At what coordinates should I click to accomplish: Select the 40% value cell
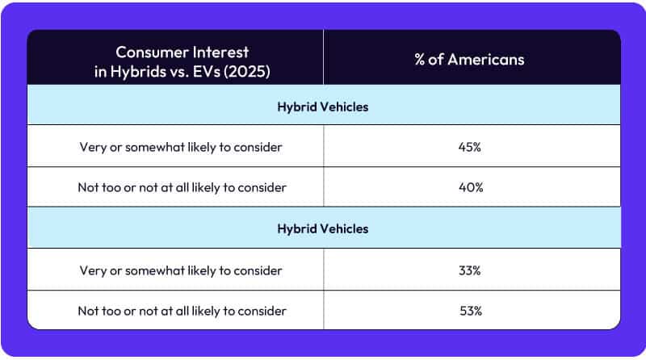click(x=472, y=186)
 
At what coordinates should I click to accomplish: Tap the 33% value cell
click(x=472, y=270)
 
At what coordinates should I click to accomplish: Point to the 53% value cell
click(x=472, y=311)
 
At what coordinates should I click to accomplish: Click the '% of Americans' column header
click(x=472, y=60)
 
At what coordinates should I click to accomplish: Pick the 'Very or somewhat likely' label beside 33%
click(x=181, y=270)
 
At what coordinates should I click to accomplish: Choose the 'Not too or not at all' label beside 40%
click(x=181, y=186)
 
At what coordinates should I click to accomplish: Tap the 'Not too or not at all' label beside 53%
click(x=181, y=311)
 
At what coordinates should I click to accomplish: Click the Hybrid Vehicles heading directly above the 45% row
click(x=323, y=107)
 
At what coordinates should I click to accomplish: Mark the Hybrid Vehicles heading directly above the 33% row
click(x=323, y=228)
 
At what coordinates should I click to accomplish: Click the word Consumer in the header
click(x=147, y=52)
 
